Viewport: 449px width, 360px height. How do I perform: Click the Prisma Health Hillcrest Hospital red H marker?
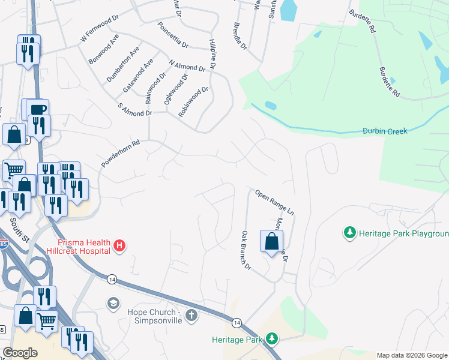119,245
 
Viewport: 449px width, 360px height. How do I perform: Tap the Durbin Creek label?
385,131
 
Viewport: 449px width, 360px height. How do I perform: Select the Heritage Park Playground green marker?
349,232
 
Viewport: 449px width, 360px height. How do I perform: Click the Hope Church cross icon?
191,316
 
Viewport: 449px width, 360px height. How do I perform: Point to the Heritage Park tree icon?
272,340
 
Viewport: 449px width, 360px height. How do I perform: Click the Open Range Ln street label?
275,202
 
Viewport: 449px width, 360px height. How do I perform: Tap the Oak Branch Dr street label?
246,250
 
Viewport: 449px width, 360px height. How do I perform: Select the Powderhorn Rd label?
120,154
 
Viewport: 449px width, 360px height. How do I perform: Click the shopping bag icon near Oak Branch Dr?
271,241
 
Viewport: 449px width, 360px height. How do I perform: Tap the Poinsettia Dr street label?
172,35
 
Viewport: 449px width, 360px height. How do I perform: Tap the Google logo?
20,352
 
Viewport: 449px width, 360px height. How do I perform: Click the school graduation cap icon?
112,304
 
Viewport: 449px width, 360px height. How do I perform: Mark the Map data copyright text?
412,355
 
